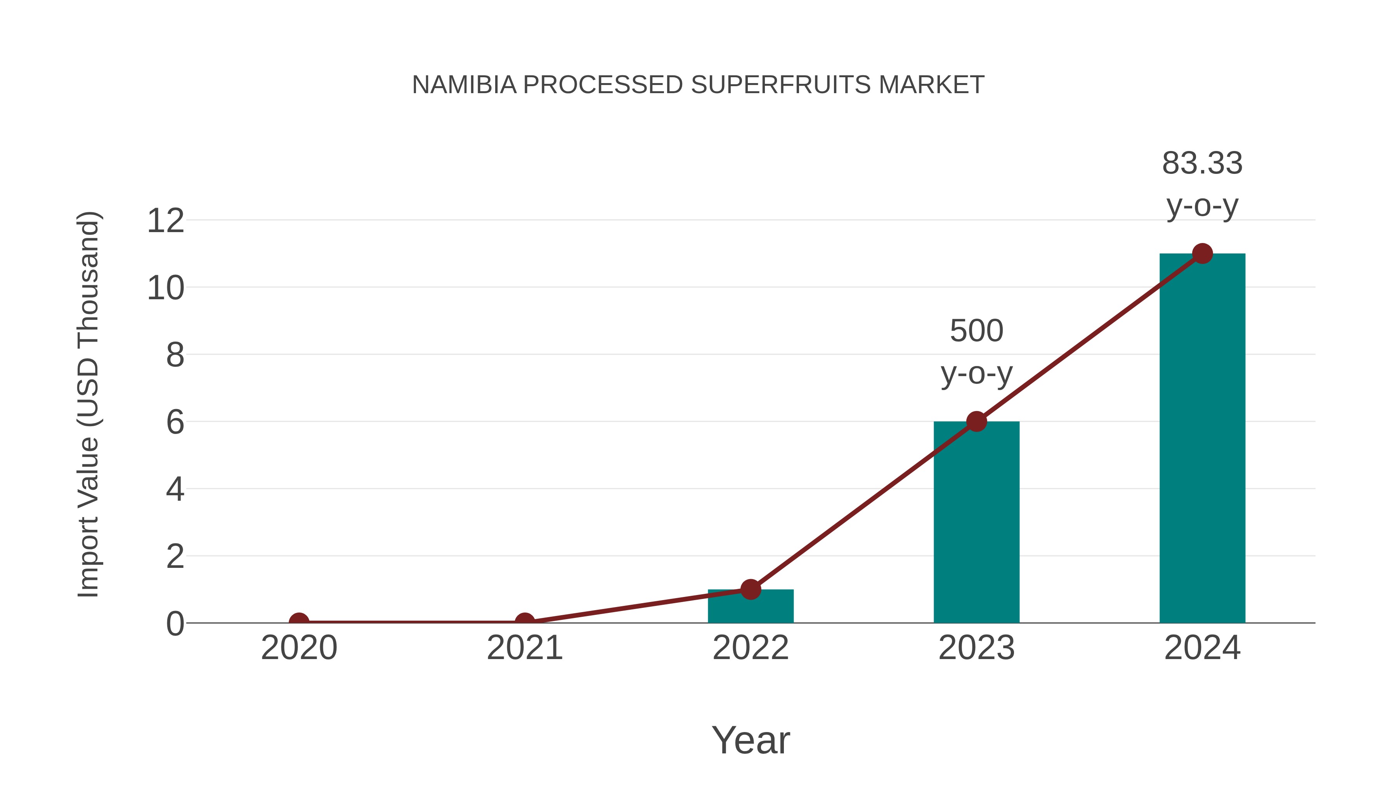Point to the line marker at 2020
pos(299,622)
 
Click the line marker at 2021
pos(524,622)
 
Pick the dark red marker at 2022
pos(750,589)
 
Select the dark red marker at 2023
pos(976,422)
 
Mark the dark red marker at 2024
pos(1202,253)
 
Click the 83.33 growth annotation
pos(1202,184)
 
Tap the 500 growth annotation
pos(976,352)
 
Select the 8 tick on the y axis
pos(175,356)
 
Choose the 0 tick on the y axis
pos(175,624)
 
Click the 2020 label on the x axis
pos(299,648)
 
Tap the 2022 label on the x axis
pos(750,648)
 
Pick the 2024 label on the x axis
pos(1202,648)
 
